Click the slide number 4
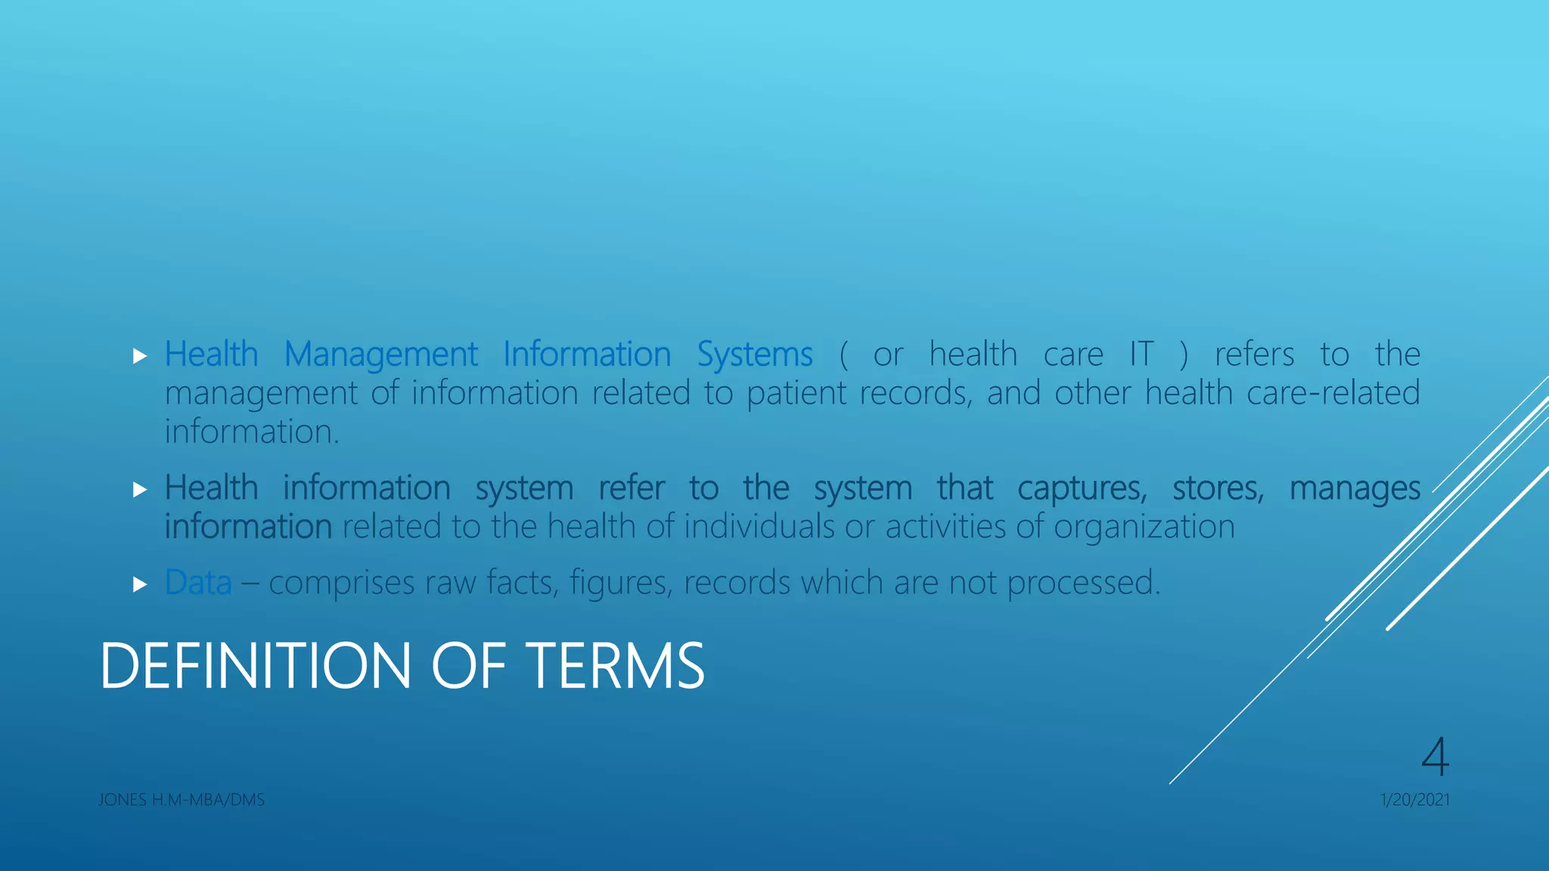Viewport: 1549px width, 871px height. click(x=1435, y=757)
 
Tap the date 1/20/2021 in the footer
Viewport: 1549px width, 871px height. click(x=1415, y=800)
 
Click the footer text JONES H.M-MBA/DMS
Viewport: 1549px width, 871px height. click(x=182, y=800)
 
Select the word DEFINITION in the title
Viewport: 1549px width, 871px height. click(x=255, y=666)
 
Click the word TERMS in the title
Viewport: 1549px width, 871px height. click(x=615, y=666)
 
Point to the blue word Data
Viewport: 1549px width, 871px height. click(x=198, y=583)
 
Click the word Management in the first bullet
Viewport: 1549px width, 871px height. click(x=380, y=355)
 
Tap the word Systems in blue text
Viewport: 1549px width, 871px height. click(x=754, y=355)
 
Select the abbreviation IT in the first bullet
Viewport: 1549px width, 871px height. click(x=1141, y=355)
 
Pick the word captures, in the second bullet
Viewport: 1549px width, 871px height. click(x=1082, y=488)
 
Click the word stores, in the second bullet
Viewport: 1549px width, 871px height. click(x=1218, y=488)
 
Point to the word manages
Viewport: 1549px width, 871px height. click(x=1355, y=488)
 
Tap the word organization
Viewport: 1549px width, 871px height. click(x=1144, y=527)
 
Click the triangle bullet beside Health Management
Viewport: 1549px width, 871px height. click(x=139, y=356)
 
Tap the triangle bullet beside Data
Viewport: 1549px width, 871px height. click(x=139, y=584)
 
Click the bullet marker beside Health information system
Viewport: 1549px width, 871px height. click(x=139, y=490)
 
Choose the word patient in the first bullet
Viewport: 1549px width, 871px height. click(x=796, y=393)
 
